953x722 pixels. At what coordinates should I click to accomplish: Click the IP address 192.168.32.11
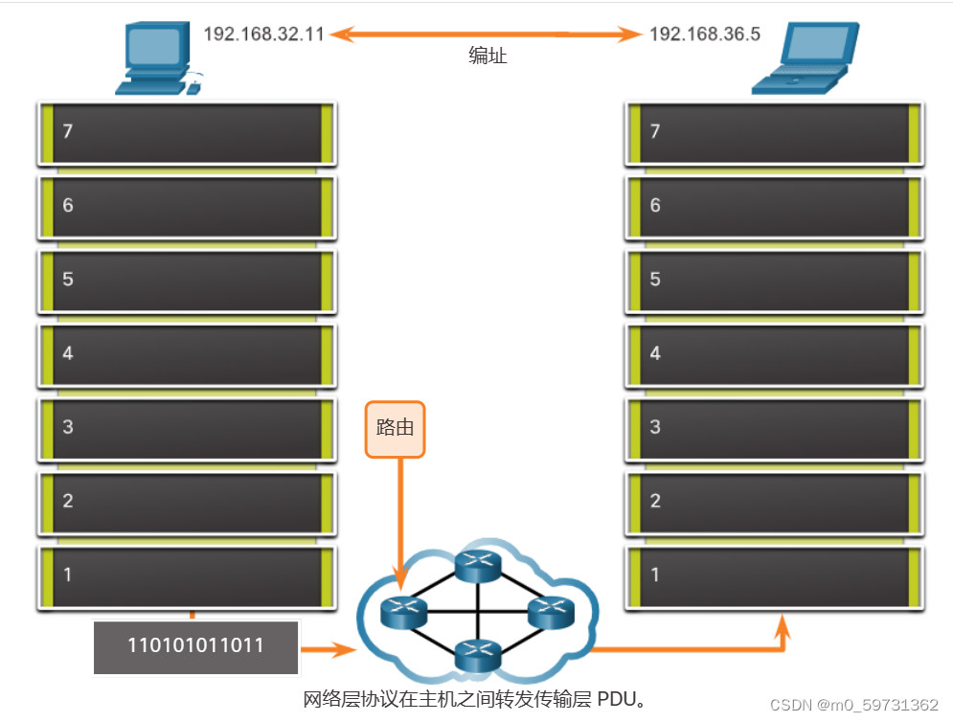[264, 34]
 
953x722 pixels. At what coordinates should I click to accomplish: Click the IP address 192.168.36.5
[704, 34]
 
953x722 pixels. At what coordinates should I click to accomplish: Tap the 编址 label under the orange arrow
[488, 56]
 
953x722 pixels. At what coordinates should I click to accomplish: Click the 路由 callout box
[395, 428]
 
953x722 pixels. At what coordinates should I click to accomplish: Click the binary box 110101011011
[195, 645]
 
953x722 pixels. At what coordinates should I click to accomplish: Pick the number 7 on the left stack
[67, 131]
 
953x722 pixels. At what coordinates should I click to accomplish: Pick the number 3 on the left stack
[67, 426]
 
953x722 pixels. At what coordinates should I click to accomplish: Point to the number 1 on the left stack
[67, 574]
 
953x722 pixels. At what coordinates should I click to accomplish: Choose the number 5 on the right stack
[655, 279]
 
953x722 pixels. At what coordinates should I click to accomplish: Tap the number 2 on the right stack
[655, 500]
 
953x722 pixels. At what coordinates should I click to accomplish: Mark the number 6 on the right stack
[655, 205]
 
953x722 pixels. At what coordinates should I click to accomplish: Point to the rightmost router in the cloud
[551, 610]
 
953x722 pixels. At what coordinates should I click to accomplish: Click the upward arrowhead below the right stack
[783, 627]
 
